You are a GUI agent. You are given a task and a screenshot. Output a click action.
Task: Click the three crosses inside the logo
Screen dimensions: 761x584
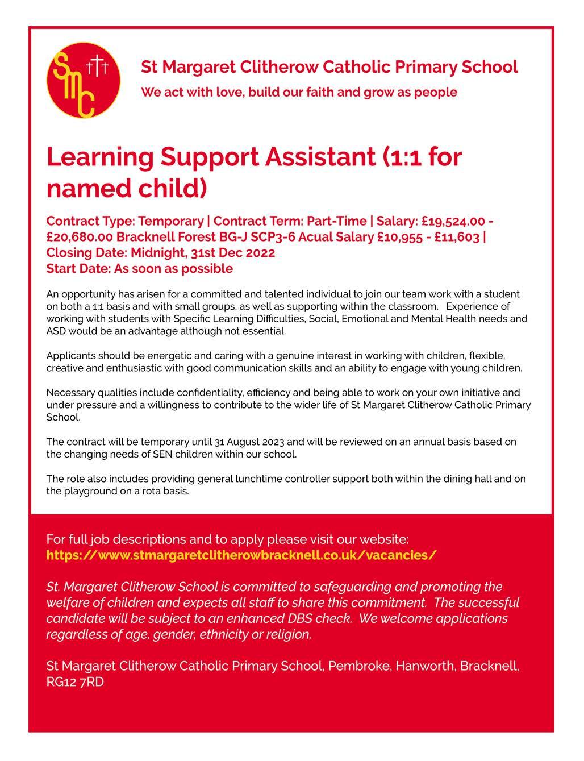point(97,65)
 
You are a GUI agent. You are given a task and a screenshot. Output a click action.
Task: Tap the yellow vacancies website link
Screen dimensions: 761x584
point(241,555)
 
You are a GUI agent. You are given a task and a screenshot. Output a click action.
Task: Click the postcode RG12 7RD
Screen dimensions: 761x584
point(75,681)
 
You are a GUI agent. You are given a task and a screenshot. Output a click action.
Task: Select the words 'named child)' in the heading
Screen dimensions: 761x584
point(126,188)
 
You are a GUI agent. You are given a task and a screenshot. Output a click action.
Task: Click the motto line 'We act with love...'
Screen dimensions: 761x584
point(299,92)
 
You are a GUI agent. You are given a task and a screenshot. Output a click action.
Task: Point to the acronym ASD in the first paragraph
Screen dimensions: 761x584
point(56,330)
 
